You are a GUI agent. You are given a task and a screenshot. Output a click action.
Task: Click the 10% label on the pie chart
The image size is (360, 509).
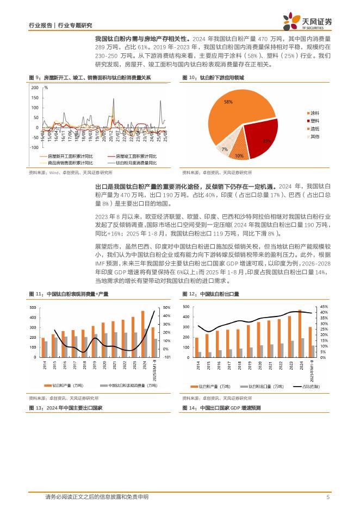coord(239,156)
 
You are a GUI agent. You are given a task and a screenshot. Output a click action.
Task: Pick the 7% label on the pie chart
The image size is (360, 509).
coord(224,149)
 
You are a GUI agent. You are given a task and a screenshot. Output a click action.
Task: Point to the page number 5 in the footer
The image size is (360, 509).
coord(328,497)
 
